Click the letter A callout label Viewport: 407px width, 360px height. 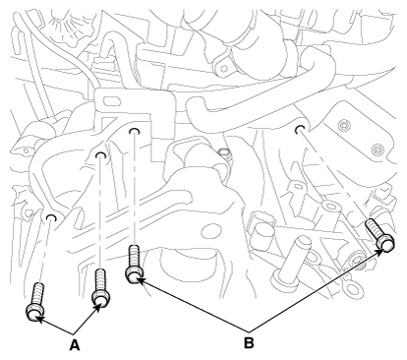pos(75,345)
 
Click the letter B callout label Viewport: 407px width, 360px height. pos(249,343)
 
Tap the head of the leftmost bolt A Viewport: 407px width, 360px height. pos(33,313)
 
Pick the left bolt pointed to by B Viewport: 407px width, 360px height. pos(135,264)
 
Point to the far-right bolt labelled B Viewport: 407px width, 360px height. pos(380,235)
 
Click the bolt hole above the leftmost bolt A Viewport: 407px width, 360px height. pos(50,218)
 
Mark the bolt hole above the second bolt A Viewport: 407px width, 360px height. pos(100,155)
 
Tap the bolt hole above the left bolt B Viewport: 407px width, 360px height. pos(134,131)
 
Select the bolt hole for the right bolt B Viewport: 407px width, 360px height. pos(299,129)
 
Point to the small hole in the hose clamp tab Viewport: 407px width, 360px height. pos(224,69)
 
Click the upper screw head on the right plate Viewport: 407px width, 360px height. pos(344,125)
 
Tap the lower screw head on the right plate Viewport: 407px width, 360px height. pos(378,150)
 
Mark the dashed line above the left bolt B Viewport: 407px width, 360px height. pos(134,190)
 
